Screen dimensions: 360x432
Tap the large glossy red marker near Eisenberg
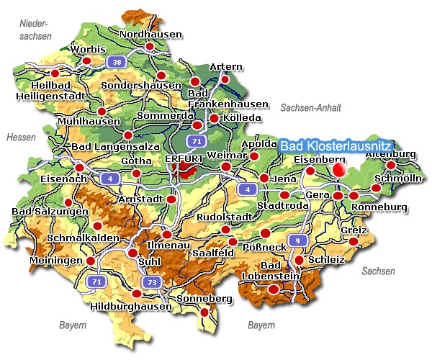pyautogui.click(x=340, y=168)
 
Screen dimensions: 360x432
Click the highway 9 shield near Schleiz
pyautogui.click(x=295, y=240)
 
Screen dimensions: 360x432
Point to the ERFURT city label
pyautogui.click(x=184, y=159)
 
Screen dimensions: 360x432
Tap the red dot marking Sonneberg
pyautogui.click(x=204, y=312)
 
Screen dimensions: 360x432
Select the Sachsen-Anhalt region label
pyautogui.click(x=311, y=107)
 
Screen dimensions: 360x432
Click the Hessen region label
pyautogui.click(x=20, y=137)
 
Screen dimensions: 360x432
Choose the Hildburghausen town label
pyautogui.click(x=132, y=306)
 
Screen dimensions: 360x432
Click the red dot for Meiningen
pyautogui.click(x=91, y=261)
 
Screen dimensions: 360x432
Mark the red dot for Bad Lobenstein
pyautogui.click(x=274, y=289)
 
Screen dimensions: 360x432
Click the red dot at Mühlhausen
pyautogui.click(x=102, y=111)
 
